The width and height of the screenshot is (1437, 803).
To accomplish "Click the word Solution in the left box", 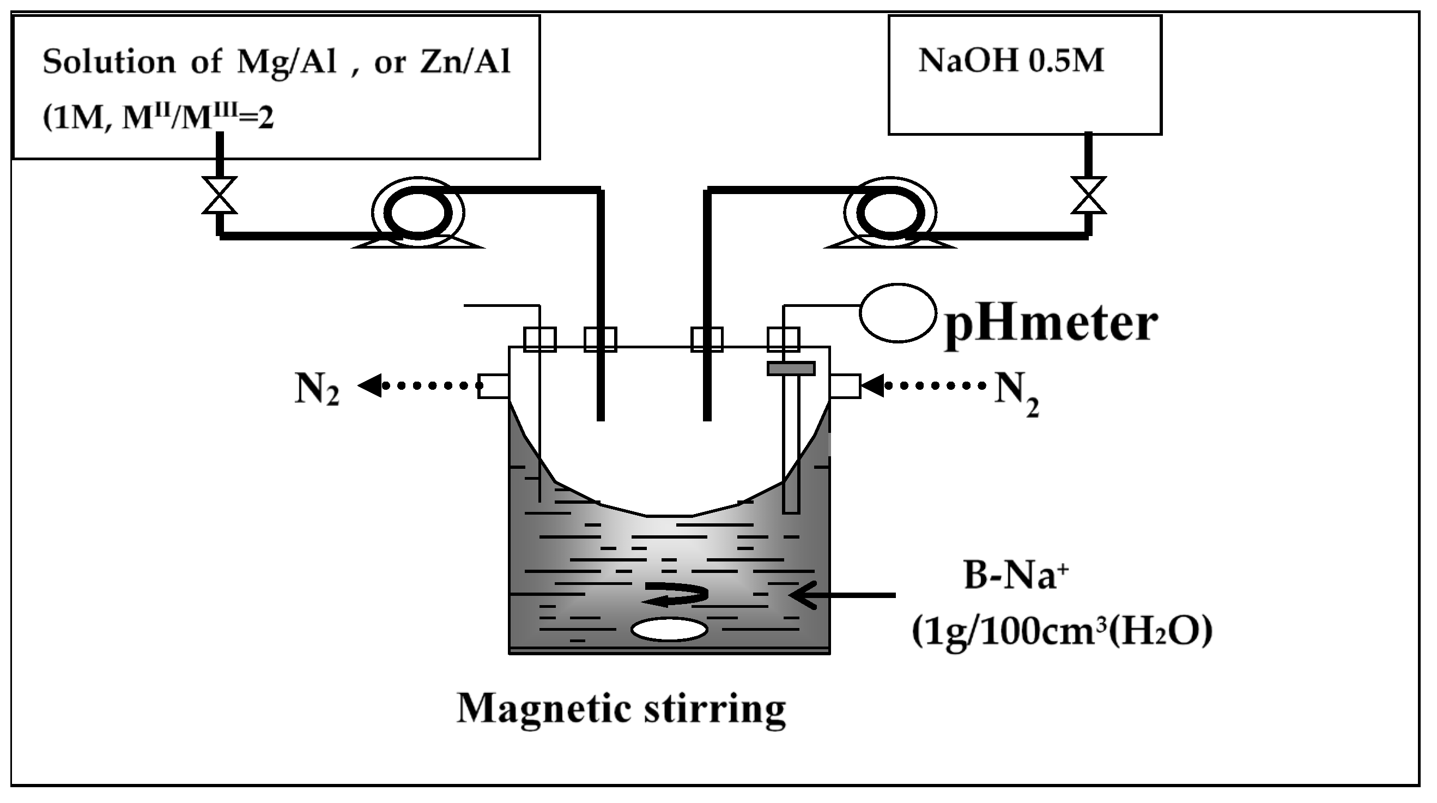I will pyautogui.click(x=109, y=62).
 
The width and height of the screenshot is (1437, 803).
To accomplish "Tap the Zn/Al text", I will pyautogui.click(x=465, y=62).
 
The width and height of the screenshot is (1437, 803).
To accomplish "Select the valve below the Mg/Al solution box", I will pyautogui.click(x=219, y=195).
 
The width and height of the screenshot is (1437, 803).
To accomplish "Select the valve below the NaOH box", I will pyautogui.click(x=1088, y=195).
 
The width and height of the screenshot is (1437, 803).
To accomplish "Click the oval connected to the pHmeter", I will pyautogui.click(x=897, y=313).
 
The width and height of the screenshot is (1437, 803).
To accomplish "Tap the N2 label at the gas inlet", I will pyautogui.click(x=1016, y=394).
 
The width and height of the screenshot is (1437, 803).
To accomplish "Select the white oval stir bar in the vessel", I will pyautogui.click(x=669, y=630).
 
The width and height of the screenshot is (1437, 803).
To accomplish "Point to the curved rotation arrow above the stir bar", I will pyautogui.click(x=675, y=594).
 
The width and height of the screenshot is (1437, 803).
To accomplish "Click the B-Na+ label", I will pyautogui.click(x=1015, y=575).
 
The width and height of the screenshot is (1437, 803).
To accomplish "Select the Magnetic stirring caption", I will pyautogui.click(x=621, y=709).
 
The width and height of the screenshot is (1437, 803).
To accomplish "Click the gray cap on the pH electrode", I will pyautogui.click(x=791, y=369).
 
